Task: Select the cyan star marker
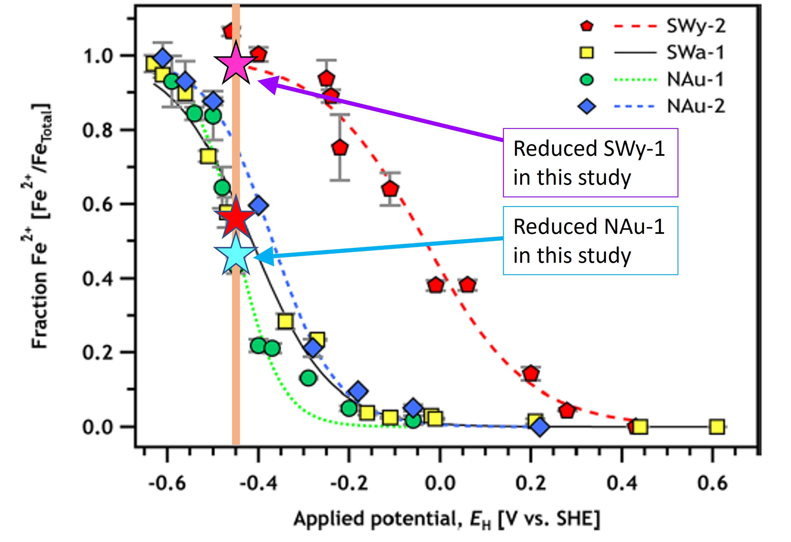click(x=235, y=256)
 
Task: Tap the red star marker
click(x=235, y=218)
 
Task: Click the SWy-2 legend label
click(x=696, y=26)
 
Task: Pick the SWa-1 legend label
click(x=695, y=53)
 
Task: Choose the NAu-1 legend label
click(x=695, y=80)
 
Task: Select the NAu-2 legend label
click(x=696, y=106)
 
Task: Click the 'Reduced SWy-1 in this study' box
click(x=590, y=163)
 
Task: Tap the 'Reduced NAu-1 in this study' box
click(x=590, y=241)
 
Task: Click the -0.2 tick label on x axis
click(x=349, y=483)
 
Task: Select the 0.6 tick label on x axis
click(x=712, y=483)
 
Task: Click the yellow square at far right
click(x=717, y=426)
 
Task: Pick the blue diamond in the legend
click(x=586, y=106)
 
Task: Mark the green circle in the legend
click(x=586, y=80)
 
